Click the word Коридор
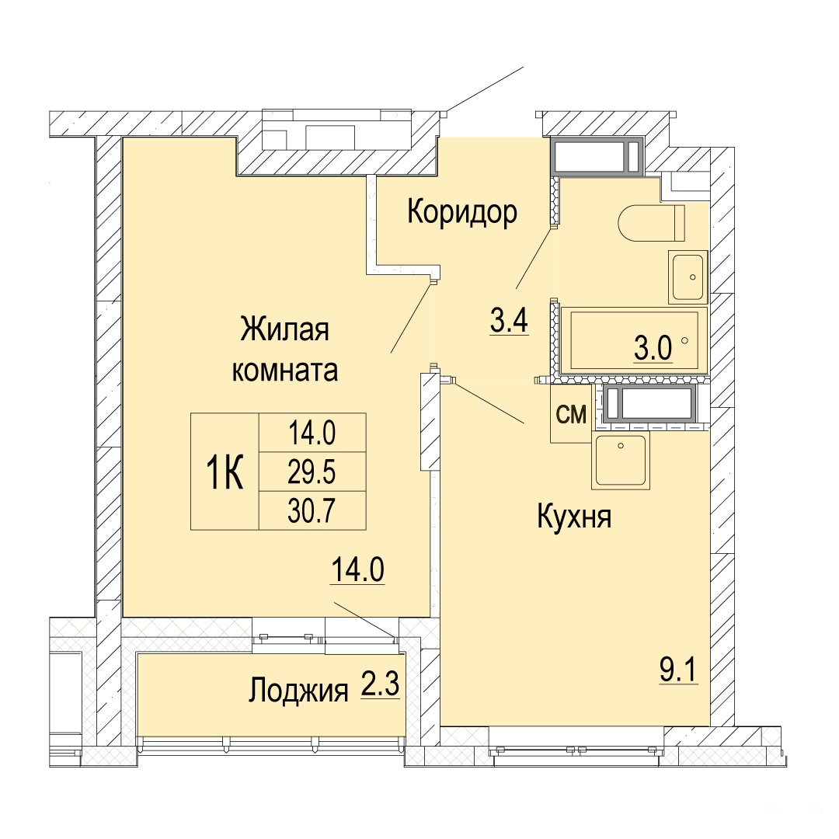coord(462,212)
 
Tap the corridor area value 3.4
coord(510,321)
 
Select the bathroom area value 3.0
coord(653,349)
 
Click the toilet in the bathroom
coord(651,223)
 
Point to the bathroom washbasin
coord(688,277)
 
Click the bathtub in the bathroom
coord(634,339)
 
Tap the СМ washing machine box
coord(571,413)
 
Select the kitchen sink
coord(621,461)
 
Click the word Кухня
coord(574,517)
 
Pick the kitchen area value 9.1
coord(678,670)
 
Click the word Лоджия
coord(298,691)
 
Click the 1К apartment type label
coord(225,472)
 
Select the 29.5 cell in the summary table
coord(312,472)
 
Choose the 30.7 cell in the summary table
coord(312,510)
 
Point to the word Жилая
coord(284,329)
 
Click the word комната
coord(284,371)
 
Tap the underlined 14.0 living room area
coord(358,569)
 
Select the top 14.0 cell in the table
coord(312,433)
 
